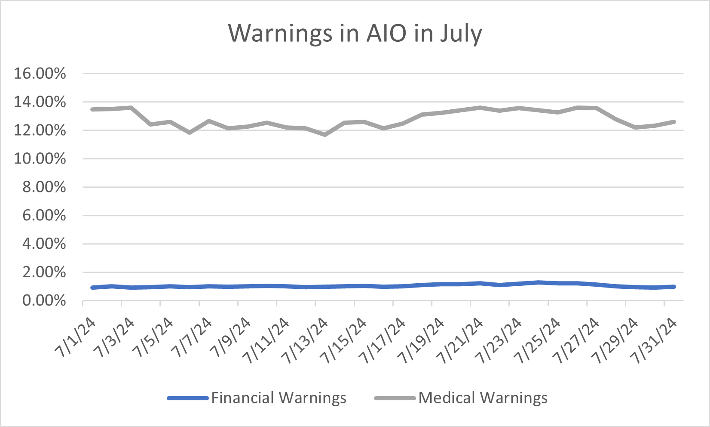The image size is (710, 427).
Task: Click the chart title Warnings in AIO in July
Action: [x=355, y=33]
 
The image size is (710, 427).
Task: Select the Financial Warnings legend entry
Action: [x=278, y=398]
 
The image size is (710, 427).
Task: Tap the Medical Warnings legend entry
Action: [x=483, y=398]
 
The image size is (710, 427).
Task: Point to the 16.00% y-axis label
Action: [x=40, y=74]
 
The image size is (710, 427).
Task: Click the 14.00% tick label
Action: [x=40, y=102]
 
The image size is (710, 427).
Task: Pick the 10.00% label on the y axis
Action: [x=40, y=159]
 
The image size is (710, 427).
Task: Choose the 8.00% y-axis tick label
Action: [x=44, y=187]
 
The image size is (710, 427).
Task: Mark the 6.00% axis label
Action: [x=44, y=216]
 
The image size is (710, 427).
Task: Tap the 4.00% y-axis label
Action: [x=44, y=244]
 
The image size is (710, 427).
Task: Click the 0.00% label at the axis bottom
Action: [x=44, y=300]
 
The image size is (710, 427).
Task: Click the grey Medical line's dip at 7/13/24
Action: [x=325, y=135]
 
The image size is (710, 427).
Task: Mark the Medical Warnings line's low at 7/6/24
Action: [x=189, y=133]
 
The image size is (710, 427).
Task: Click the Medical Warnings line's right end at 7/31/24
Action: [x=674, y=122]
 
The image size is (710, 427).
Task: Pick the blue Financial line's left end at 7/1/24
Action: [x=92, y=288]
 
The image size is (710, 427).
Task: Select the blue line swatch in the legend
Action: [x=188, y=398]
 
